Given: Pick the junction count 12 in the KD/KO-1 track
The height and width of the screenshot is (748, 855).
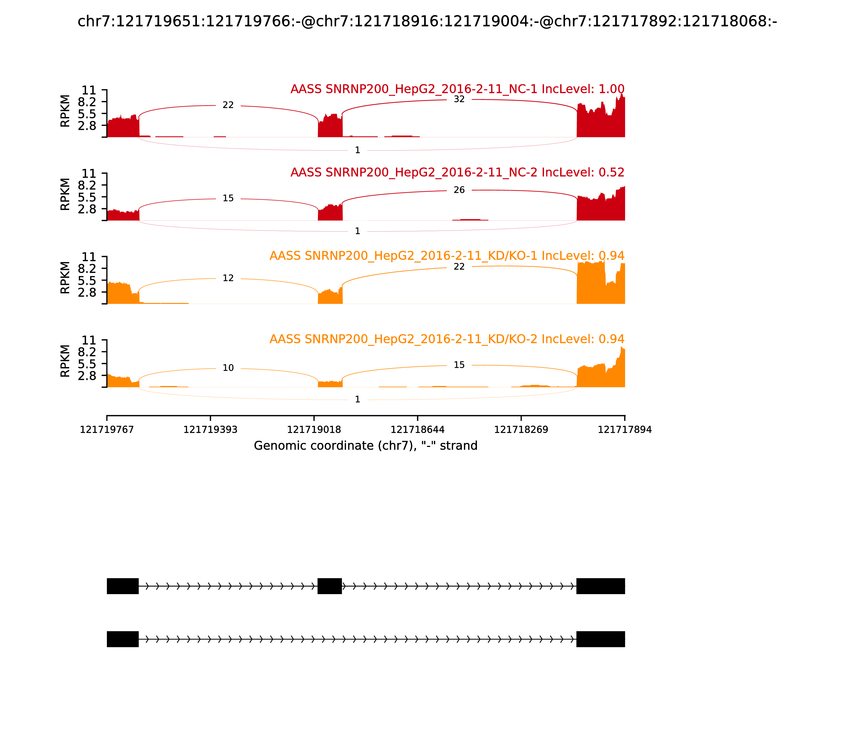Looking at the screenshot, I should (228, 278).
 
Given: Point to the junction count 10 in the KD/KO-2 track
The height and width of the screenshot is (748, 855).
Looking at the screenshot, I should (228, 368).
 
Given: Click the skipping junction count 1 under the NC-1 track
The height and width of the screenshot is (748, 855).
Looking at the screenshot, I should (357, 150).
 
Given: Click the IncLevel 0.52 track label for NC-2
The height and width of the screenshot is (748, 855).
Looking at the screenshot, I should (457, 172).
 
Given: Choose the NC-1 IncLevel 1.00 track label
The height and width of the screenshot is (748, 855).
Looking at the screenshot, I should (457, 89).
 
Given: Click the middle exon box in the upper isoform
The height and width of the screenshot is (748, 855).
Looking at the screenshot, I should (330, 586).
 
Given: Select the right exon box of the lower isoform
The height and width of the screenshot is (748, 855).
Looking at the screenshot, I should (600, 639).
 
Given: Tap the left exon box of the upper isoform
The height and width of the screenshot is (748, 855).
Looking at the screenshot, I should (123, 586).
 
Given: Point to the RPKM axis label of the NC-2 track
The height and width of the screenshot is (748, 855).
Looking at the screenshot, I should (65, 194).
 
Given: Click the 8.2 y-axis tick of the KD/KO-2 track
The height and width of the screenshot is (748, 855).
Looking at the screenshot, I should (87, 352).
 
